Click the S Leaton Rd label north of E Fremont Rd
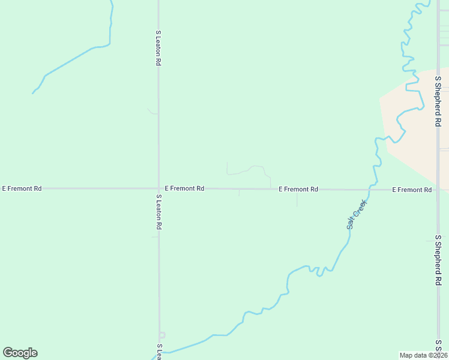tap(158, 48)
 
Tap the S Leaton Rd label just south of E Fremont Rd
tap(158, 212)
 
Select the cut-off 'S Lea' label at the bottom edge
tap(159, 352)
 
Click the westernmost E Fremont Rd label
tap(22, 188)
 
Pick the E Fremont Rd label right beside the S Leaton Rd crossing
tap(184, 188)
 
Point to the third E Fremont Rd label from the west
tap(298, 189)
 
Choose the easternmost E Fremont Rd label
tap(412, 190)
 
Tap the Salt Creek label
tap(356, 214)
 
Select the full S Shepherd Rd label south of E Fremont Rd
tap(438, 259)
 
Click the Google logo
tap(20, 353)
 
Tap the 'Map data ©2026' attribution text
tap(423, 355)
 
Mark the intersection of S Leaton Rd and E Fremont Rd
tap(158, 188)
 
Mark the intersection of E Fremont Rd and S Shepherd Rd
tap(439, 190)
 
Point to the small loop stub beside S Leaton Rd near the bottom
tap(162, 335)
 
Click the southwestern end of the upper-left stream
tap(33, 93)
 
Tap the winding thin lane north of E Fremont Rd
tap(249, 169)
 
